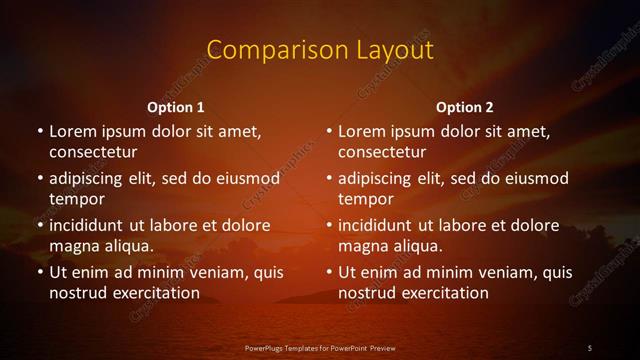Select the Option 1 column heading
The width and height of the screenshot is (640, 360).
coord(176,107)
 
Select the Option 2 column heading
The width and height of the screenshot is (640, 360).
coord(465,107)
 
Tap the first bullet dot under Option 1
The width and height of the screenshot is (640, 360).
coord(40,131)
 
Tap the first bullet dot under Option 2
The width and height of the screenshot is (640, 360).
coord(330,131)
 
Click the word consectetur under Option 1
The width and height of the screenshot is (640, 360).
coord(93,153)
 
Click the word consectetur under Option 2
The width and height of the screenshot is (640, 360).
coord(383,153)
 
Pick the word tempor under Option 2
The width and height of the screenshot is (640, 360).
coord(367,199)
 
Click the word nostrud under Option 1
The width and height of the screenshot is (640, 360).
coord(76,293)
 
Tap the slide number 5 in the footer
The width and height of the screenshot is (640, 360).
coord(590,347)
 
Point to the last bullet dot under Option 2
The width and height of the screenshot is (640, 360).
coord(330,272)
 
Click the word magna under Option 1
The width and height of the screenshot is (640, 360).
coord(73,246)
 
